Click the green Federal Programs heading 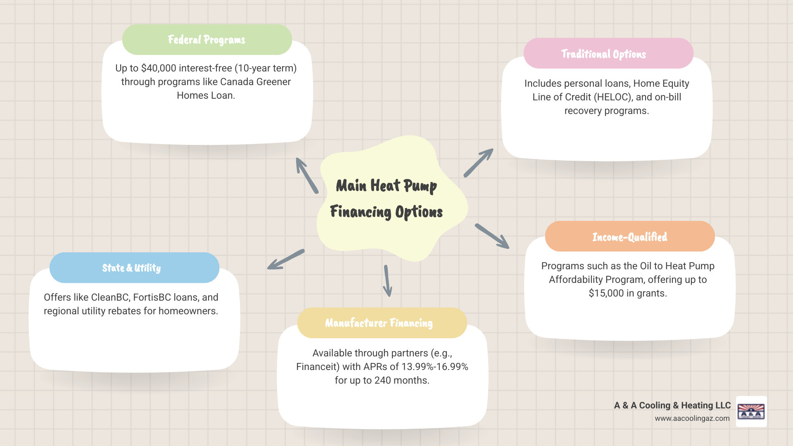[207, 40]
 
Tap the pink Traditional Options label [603, 54]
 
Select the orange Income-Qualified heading [629, 237]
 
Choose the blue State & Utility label [131, 268]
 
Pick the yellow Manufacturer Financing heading [379, 323]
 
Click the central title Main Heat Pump [386, 186]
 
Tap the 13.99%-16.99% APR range [434, 367]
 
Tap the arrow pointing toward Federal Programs [306, 176]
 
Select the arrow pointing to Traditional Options [478, 163]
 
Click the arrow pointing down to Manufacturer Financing [387, 281]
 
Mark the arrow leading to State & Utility [285, 260]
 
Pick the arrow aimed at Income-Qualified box [492, 236]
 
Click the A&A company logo [751, 411]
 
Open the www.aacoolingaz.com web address [692, 418]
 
